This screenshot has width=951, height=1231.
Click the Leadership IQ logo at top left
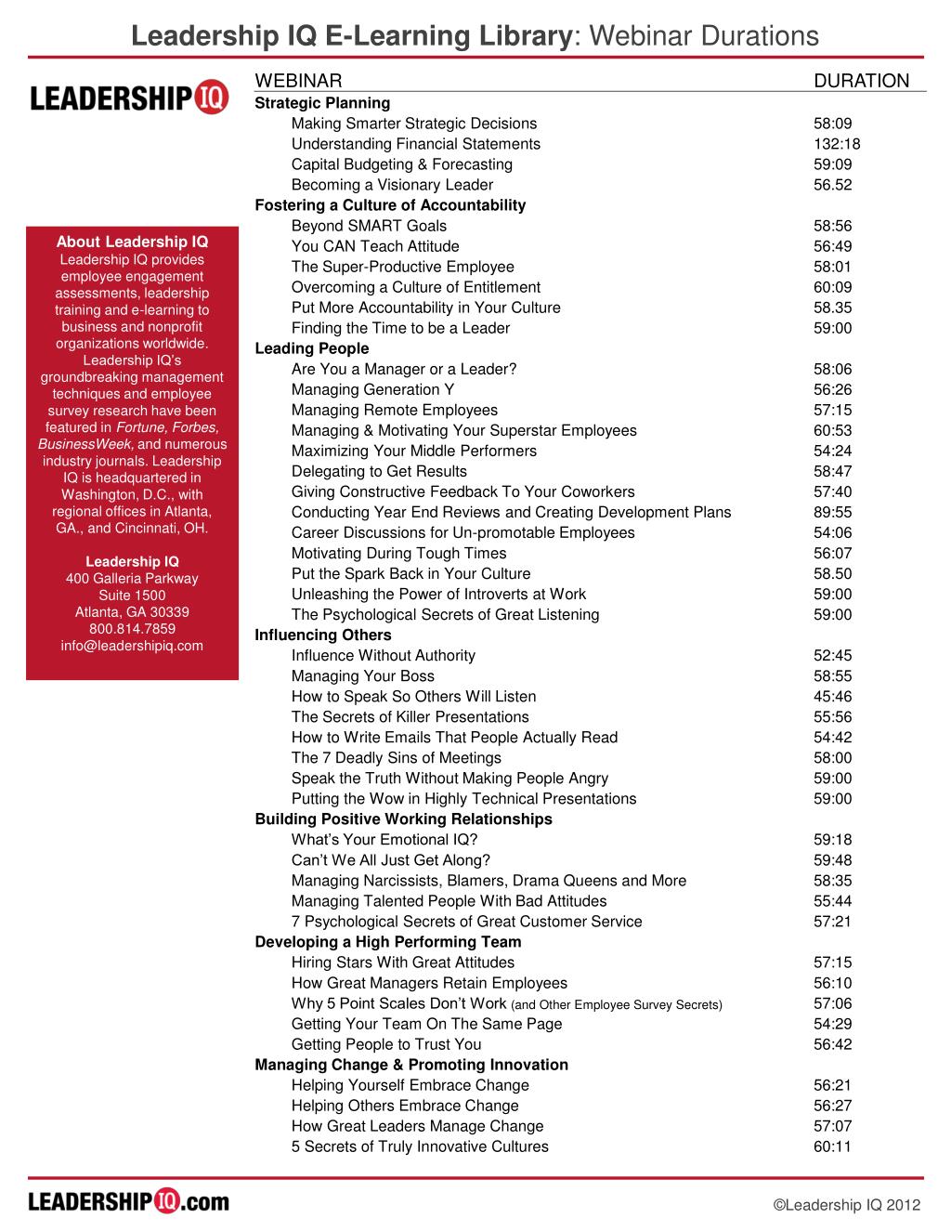point(130,98)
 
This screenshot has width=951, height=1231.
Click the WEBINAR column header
point(298,81)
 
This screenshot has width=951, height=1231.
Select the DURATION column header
point(861,81)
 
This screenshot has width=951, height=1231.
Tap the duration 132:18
point(837,144)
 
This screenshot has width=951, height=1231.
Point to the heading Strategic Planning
point(322,103)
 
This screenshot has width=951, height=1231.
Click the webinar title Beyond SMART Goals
point(369,226)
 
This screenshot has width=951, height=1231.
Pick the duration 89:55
point(832,513)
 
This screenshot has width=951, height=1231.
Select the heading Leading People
point(312,348)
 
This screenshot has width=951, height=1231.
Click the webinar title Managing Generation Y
point(372,390)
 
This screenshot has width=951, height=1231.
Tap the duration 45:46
point(832,697)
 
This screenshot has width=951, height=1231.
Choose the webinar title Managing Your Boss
point(362,676)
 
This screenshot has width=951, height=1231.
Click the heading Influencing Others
point(323,635)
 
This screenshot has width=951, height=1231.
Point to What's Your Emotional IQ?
point(384,840)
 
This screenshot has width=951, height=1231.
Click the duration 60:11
point(832,1146)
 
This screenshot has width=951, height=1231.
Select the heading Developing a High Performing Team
point(388,942)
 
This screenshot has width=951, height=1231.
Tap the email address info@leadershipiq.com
point(132,646)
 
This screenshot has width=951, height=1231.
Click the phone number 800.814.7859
point(132,629)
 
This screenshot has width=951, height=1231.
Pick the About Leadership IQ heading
point(132,242)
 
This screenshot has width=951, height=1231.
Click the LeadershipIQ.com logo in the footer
point(129,1201)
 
